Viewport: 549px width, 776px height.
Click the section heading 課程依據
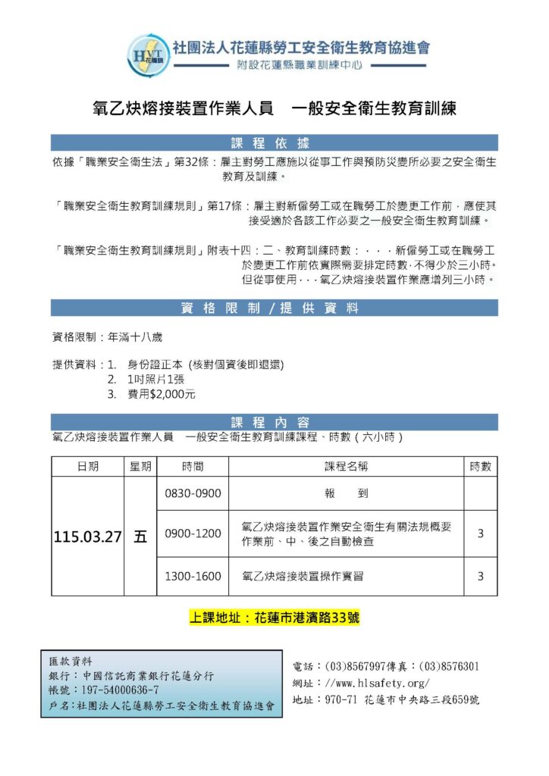(274, 142)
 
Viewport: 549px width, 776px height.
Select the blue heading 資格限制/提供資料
(274, 308)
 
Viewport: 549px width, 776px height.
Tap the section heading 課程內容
(274, 421)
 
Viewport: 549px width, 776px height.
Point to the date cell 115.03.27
(88, 537)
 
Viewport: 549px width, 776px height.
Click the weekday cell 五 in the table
(140, 537)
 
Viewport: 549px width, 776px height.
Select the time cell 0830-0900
(193, 493)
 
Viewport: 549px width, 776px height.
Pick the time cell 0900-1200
(193, 533)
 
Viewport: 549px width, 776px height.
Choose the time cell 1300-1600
(193, 577)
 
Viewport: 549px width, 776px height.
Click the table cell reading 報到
(346, 493)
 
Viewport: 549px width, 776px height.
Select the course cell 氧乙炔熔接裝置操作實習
(302, 577)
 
